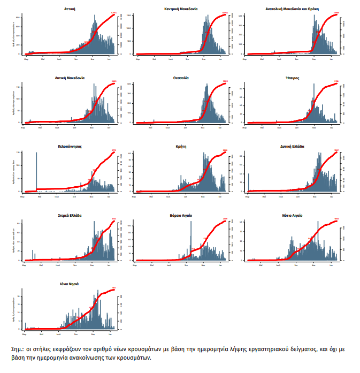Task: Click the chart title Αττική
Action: (x=69, y=10)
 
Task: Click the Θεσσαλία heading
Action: (x=181, y=78)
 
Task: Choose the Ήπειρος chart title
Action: (x=293, y=78)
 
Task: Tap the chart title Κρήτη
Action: (x=181, y=146)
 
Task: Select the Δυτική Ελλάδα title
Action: (x=293, y=146)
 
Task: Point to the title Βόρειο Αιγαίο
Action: (x=181, y=215)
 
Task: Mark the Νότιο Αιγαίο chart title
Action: (x=293, y=215)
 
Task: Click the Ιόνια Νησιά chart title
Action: (x=69, y=284)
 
